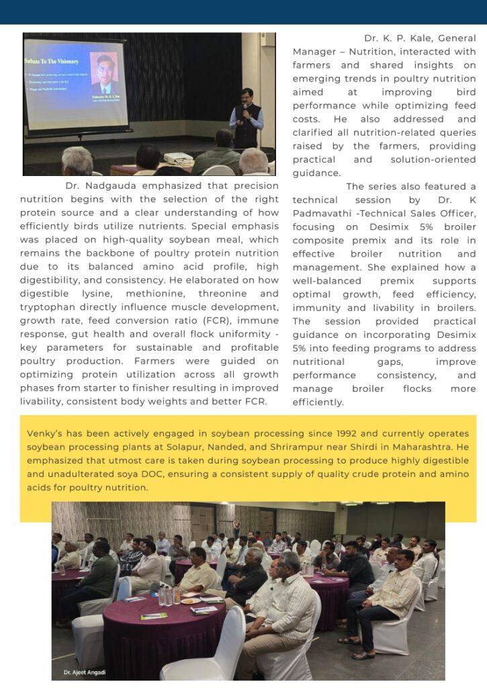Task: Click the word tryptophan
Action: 48,307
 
